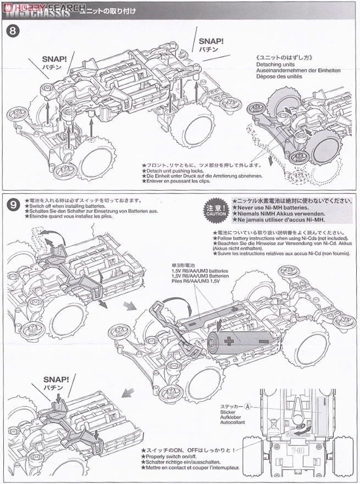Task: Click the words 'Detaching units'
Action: point(275,64)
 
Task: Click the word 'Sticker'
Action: point(228,413)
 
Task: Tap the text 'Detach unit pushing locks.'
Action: point(176,170)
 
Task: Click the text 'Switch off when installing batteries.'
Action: point(71,206)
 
